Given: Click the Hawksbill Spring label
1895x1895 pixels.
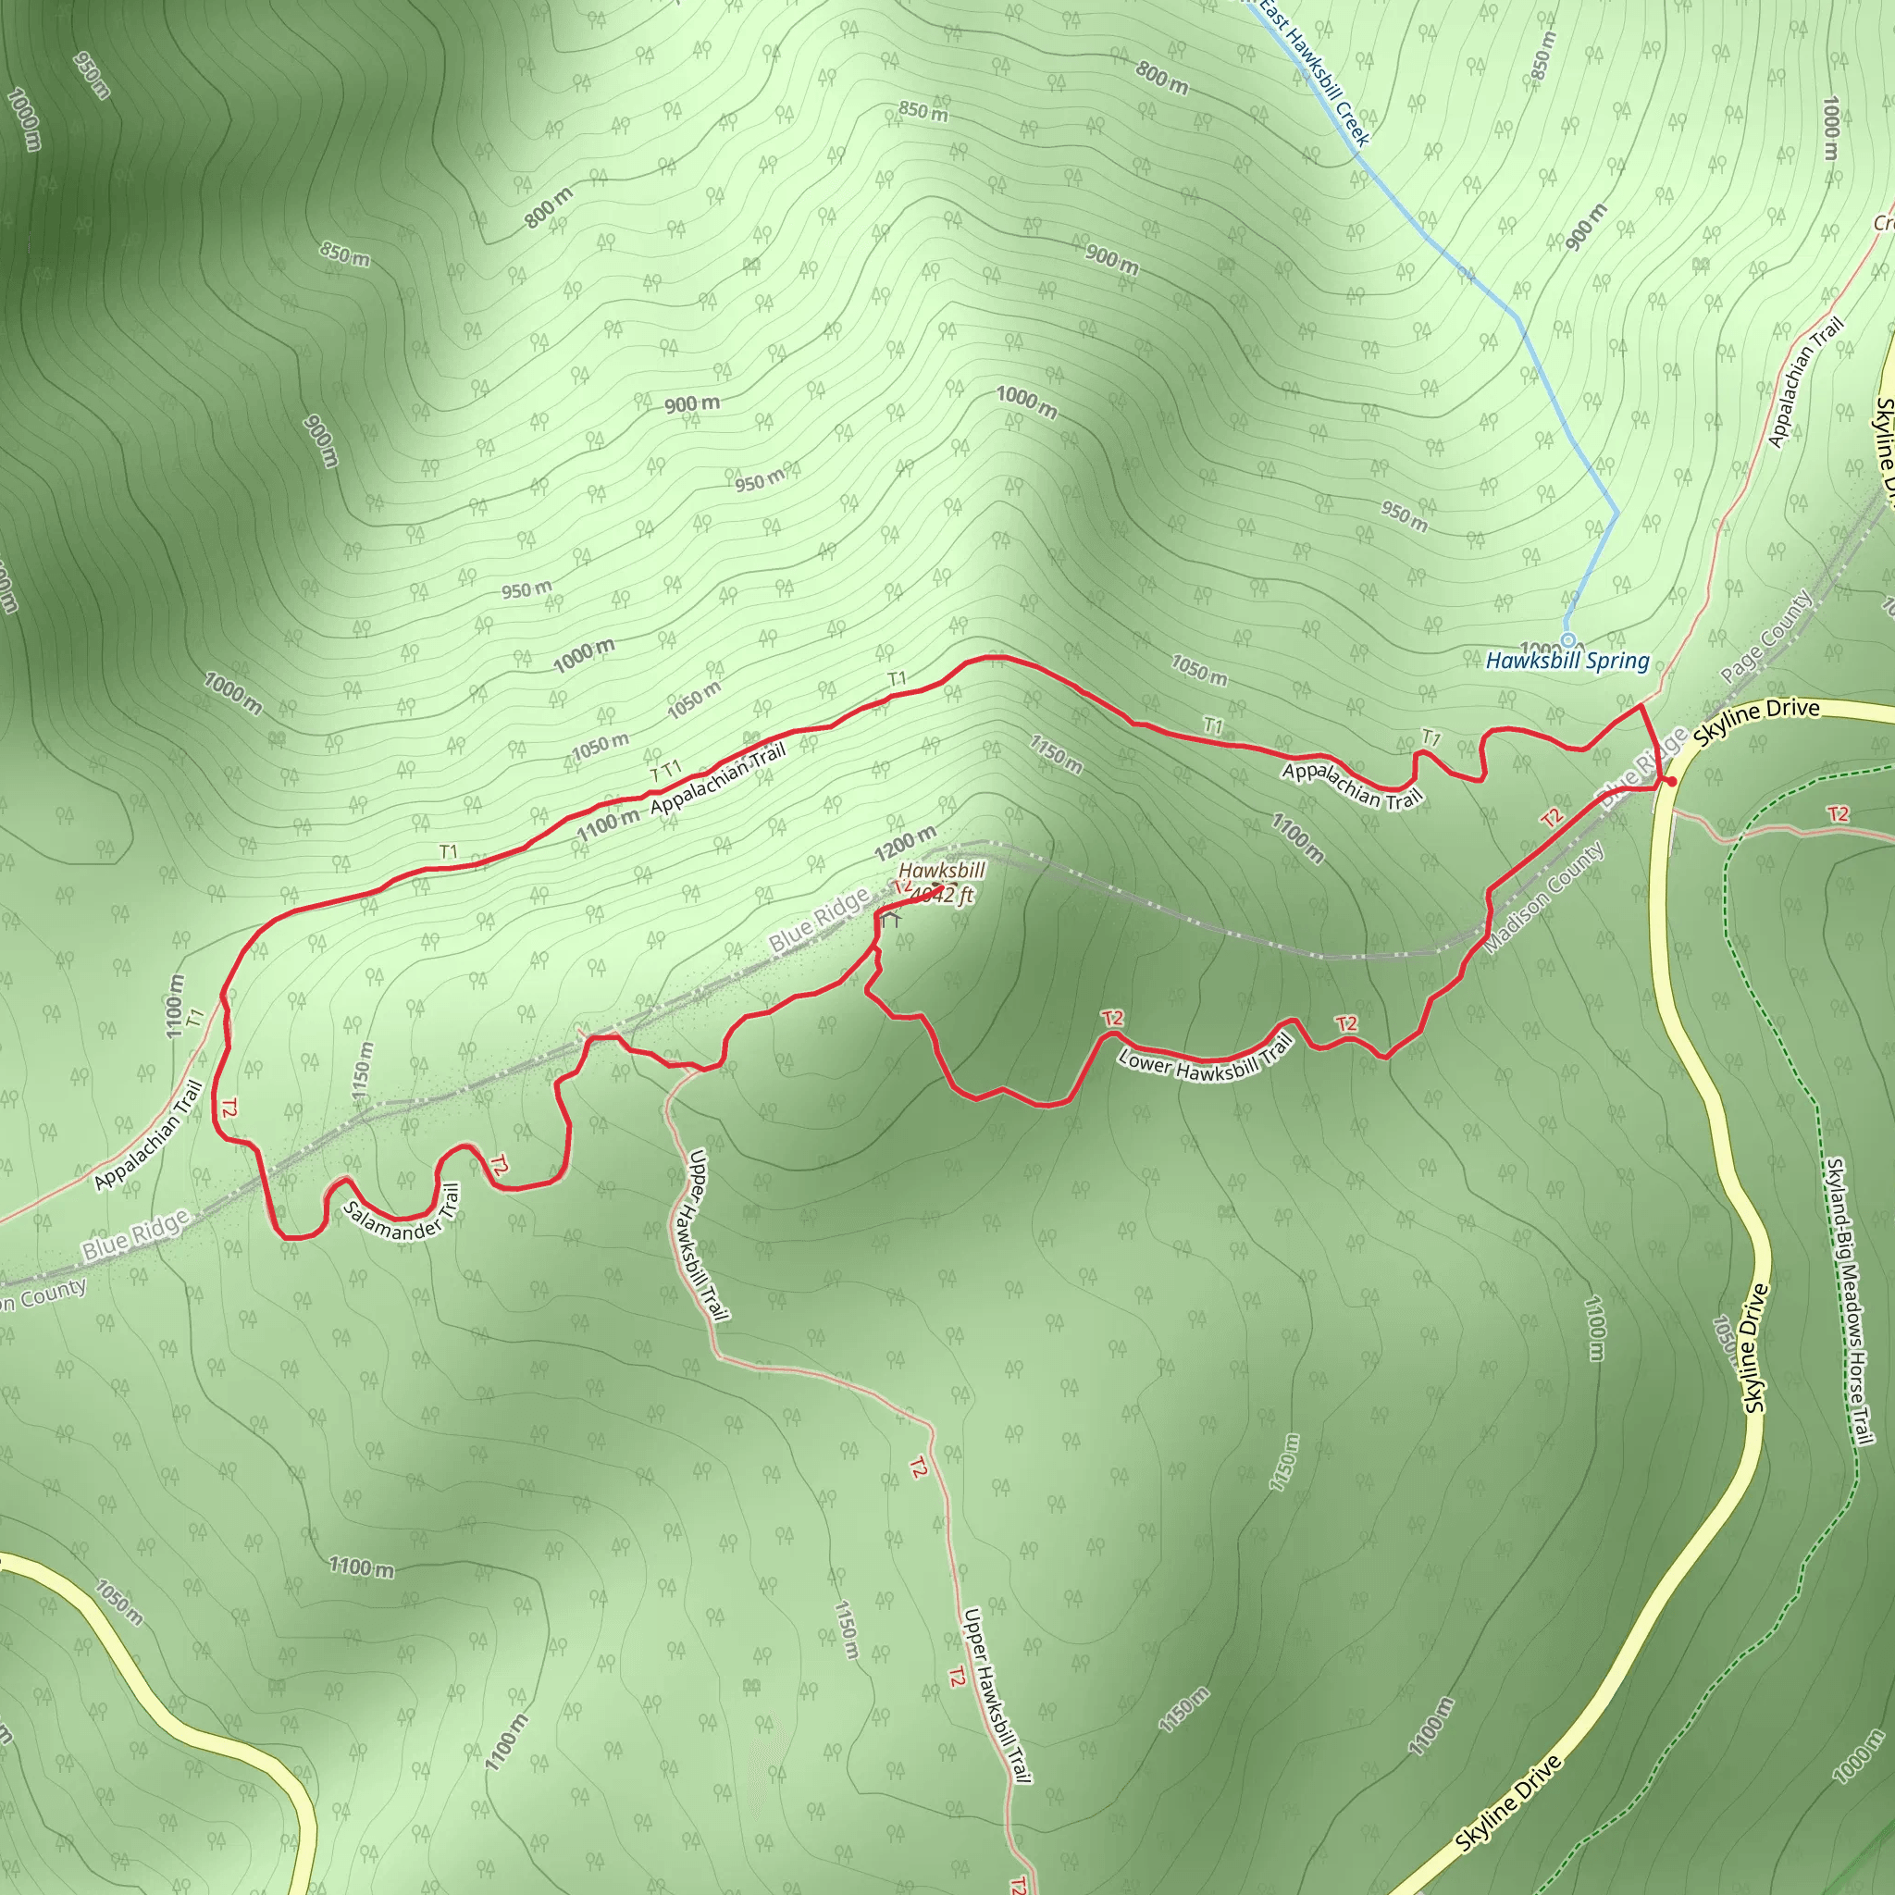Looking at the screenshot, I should [1567, 661].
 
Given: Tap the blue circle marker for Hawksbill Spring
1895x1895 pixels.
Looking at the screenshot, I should [1567, 639].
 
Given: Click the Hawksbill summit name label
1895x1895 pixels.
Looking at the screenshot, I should [942, 871].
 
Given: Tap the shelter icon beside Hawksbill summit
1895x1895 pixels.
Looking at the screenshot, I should [891, 920].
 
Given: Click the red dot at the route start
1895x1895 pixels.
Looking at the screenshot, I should [1670, 783].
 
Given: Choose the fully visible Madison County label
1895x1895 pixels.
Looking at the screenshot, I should [1546, 898].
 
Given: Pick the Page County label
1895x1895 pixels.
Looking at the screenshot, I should [1765, 638].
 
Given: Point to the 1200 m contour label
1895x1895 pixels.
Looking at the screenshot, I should [904, 844].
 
